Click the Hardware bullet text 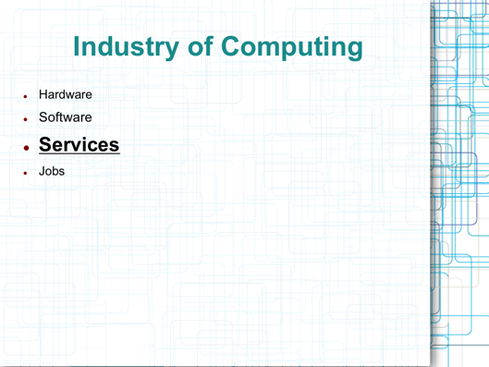pos(65,94)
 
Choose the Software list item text pos(65,118)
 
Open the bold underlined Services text pos(79,145)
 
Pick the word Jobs pos(52,171)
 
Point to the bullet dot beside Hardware pos(26,96)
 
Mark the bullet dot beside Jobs pos(26,173)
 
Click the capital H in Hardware pos(43,94)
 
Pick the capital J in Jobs pos(42,171)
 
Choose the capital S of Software pos(43,118)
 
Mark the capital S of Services pos(46,145)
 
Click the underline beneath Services pos(79,155)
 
